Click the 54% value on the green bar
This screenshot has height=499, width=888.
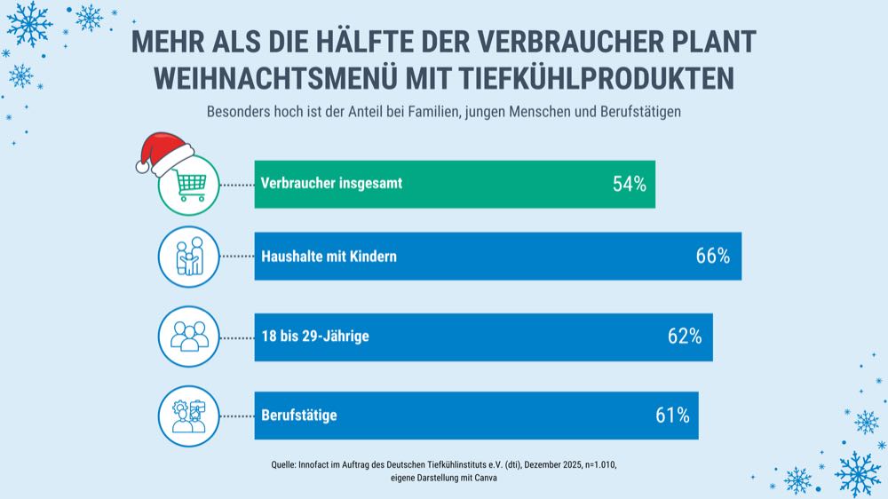point(629,184)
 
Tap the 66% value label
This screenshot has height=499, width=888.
point(712,257)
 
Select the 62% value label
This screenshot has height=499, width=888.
point(684,337)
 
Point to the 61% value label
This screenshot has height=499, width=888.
point(671,416)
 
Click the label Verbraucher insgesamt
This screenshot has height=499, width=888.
point(331,184)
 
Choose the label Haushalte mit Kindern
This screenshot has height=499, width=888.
point(329,257)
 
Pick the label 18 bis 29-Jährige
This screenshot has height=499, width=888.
point(315,337)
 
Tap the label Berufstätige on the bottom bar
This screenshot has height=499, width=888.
point(298,416)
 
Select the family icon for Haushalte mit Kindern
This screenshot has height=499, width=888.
point(188,257)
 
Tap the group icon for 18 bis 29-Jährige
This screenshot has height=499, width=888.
point(188,337)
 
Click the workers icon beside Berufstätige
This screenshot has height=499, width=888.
point(188,416)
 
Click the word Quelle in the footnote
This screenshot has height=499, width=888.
point(286,464)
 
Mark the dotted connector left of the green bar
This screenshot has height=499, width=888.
point(237,185)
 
